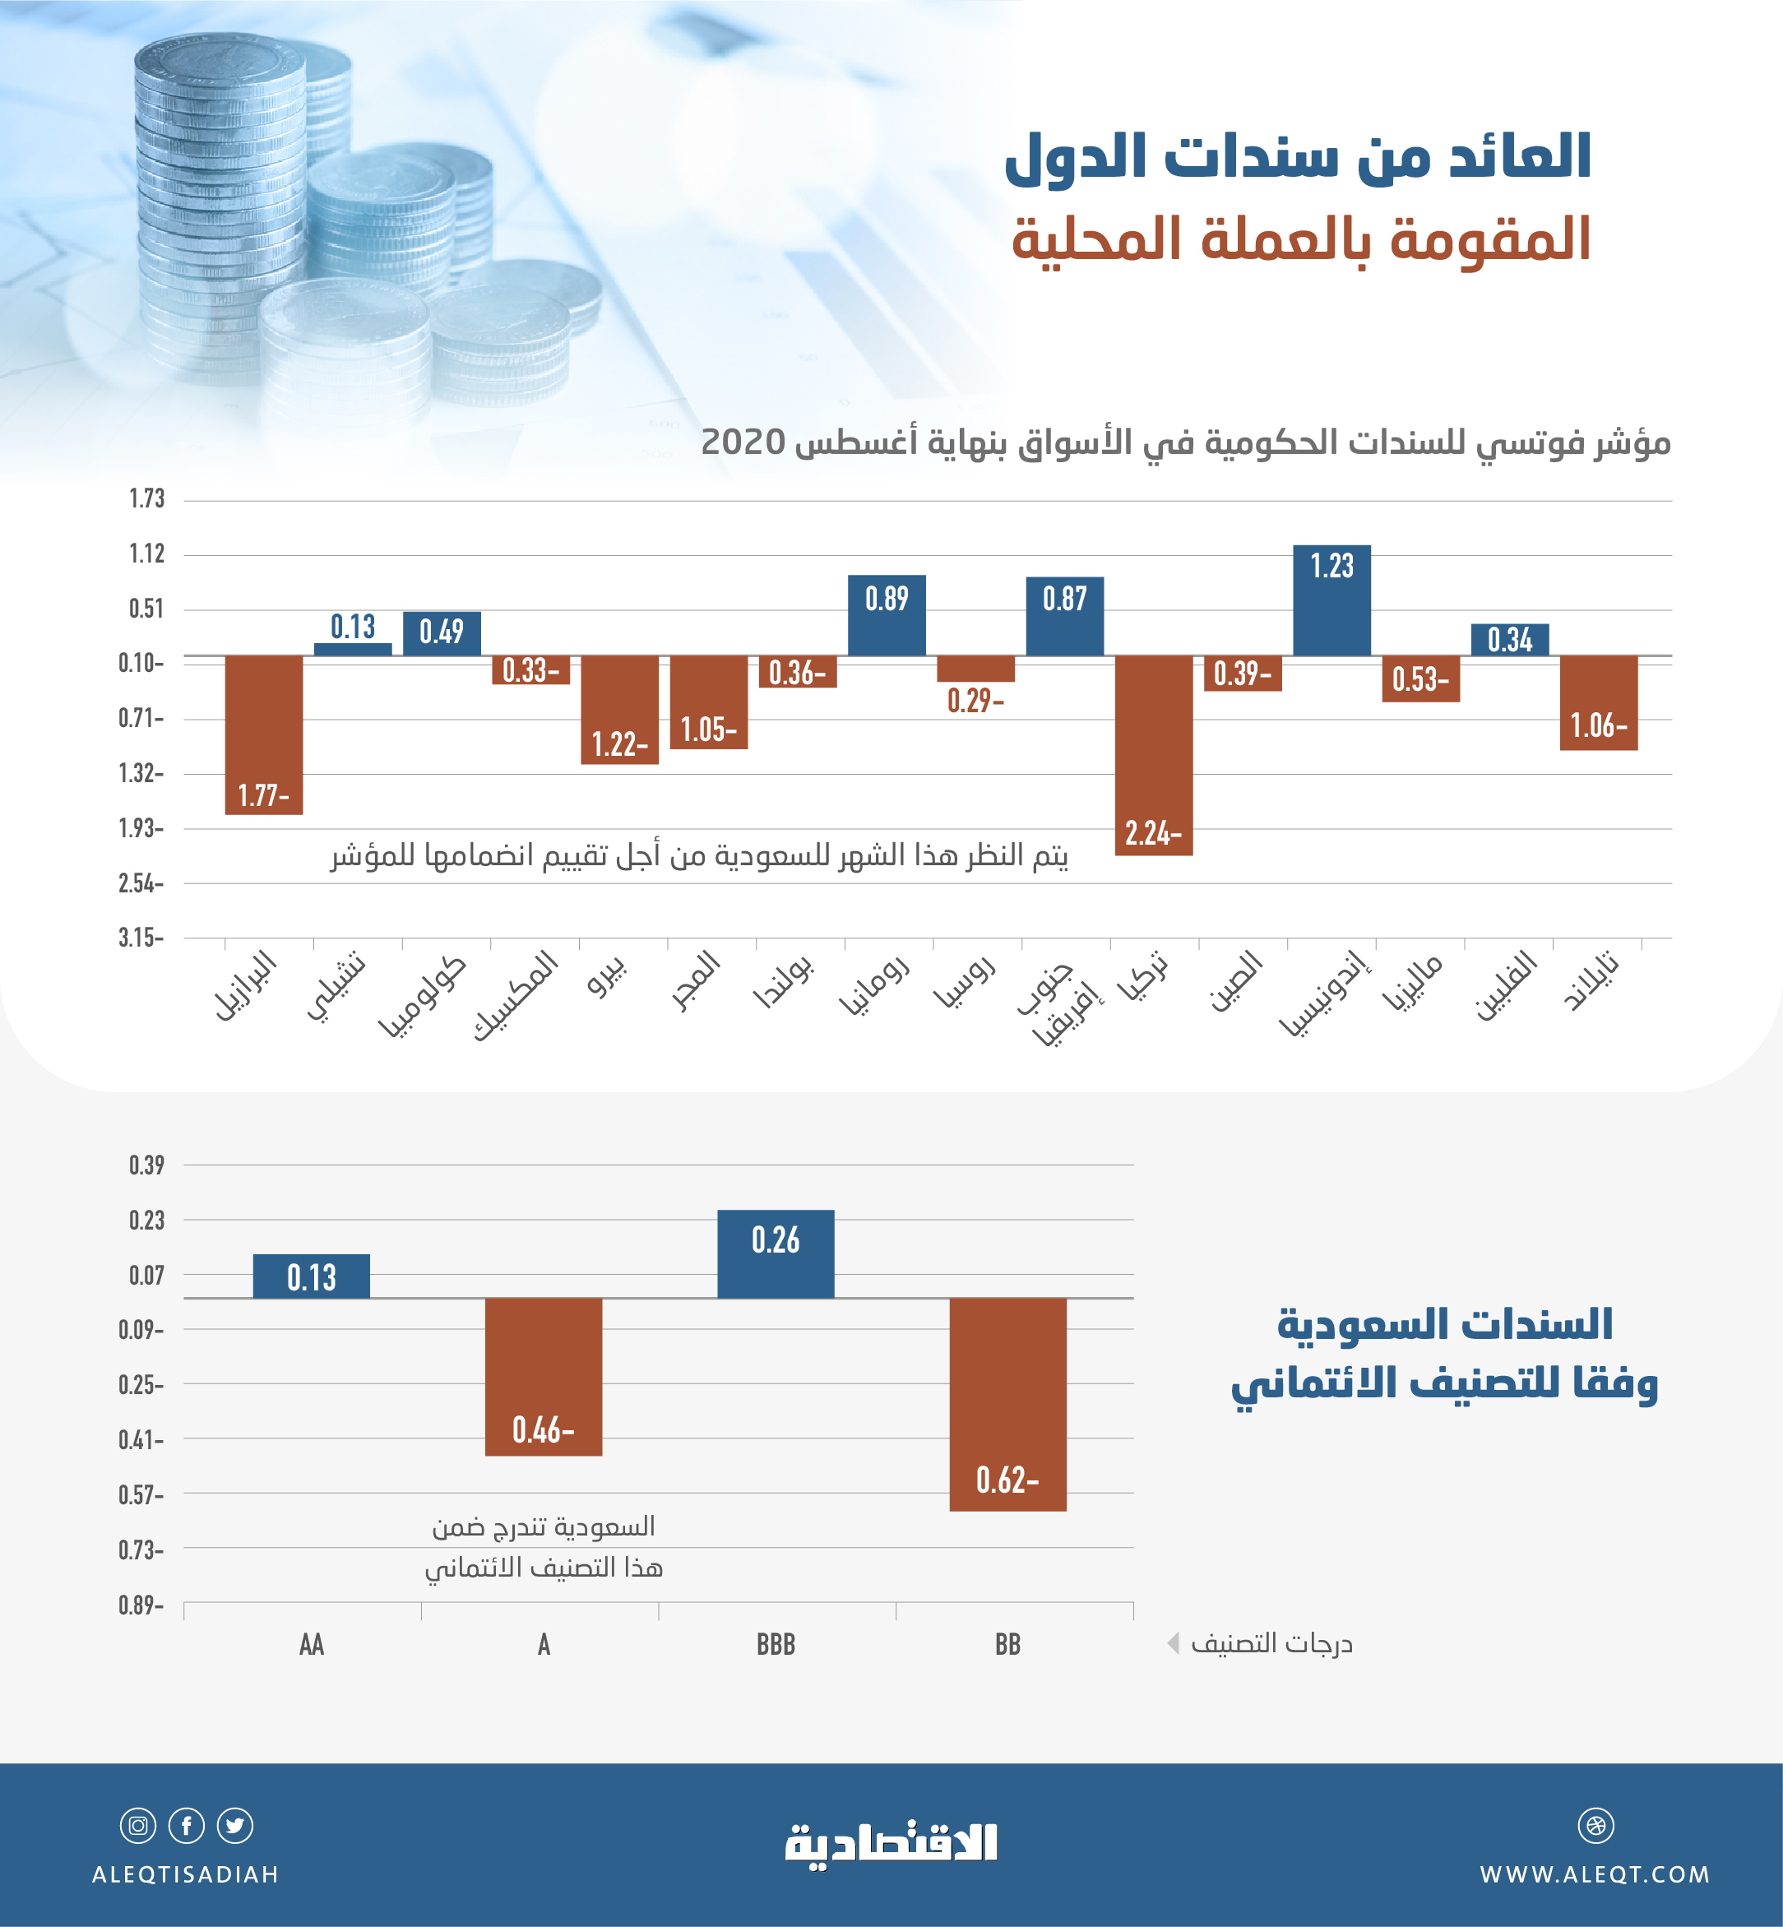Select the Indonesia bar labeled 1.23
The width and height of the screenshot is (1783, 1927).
tap(1331, 600)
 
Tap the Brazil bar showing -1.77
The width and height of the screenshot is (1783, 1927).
tap(263, 734)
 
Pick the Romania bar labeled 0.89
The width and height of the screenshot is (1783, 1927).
tap(887, 616)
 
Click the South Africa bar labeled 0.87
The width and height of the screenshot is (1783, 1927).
tap(1064, 617)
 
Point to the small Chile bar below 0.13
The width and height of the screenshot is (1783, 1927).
tap(353, 650)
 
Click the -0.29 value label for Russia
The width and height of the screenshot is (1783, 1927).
tap(975, 701)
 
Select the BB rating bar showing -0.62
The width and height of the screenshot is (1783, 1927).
tap(1007, 1404)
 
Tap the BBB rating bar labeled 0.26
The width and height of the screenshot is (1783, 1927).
tap(776, 1253)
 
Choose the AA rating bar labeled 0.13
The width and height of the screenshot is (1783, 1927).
tap(311, 1276)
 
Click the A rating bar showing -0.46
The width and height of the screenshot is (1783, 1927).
tap(543, 1376)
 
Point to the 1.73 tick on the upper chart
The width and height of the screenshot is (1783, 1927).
tap(146, 499)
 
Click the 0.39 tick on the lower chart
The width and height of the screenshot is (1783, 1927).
tap(146, 1165)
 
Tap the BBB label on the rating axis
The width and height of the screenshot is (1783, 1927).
tap(776, 1644)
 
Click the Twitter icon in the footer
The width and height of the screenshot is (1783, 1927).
tap(234, 1826)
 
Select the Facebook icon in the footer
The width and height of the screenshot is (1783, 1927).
tap(186, 1826)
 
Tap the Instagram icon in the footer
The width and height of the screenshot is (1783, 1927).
tap(138, 1826)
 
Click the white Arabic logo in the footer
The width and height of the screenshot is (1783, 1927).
tap(891, 1844)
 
